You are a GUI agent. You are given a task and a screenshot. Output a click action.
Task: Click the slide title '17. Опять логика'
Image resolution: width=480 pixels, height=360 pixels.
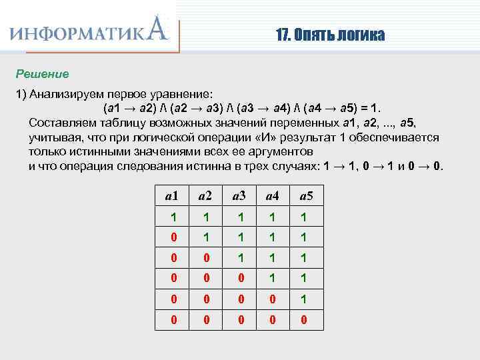330,35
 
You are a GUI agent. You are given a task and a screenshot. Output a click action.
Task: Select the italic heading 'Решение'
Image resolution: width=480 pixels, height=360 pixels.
43,72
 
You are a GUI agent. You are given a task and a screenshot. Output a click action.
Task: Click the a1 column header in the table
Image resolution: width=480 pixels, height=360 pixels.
171,195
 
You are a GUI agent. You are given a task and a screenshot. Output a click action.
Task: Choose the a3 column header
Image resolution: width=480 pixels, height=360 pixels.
239,195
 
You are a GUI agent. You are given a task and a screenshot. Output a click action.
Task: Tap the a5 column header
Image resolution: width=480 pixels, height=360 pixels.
306,195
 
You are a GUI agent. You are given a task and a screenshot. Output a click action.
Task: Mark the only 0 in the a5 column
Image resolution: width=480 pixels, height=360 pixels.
306,319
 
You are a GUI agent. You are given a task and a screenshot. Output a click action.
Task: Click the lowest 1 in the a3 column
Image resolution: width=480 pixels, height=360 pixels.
239,258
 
